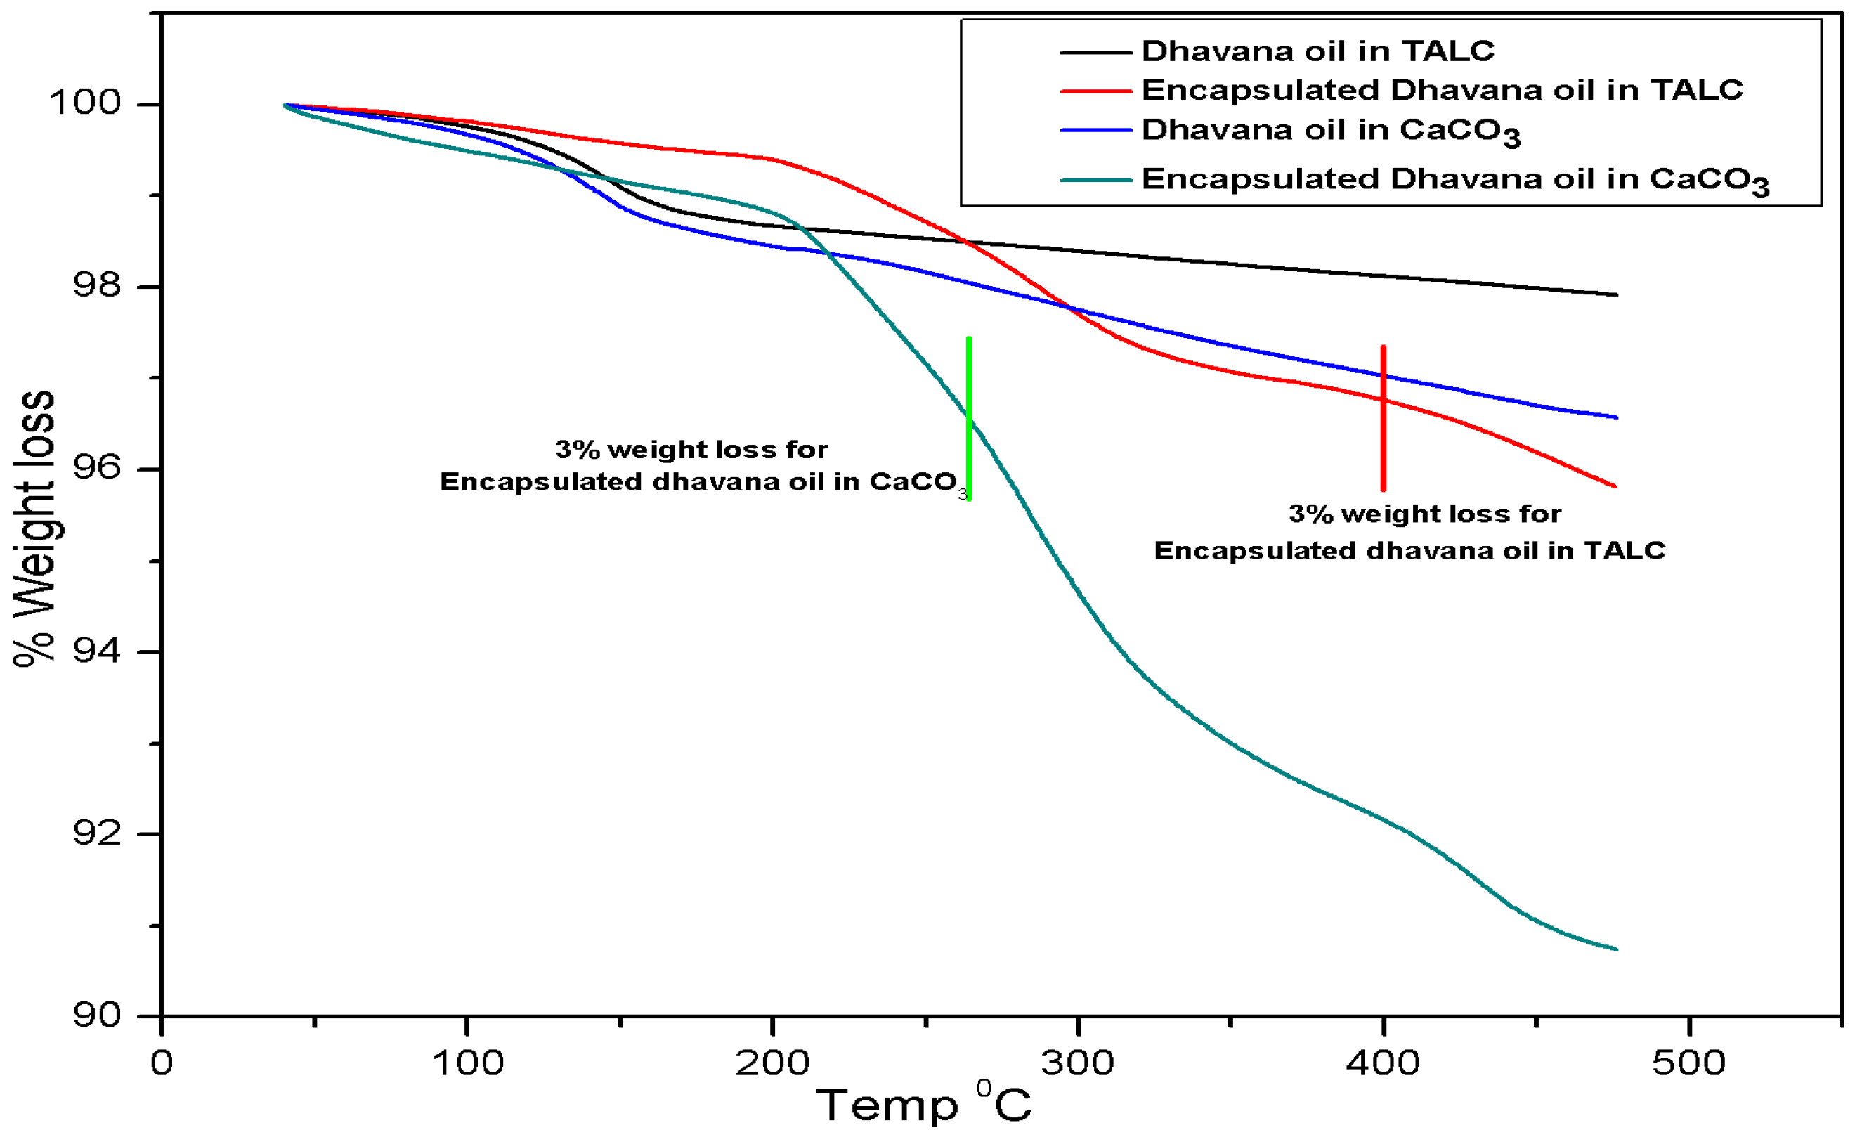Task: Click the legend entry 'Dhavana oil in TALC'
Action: pyautogui.click(x=1317, y=51)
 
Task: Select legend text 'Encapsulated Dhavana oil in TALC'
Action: pyautogui.click(x=1442, y=90)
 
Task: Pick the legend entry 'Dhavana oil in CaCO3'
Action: pyautogui.click(x=1330, y=131)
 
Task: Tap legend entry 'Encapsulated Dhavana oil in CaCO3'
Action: pyautogui.click(x=1454, y=180)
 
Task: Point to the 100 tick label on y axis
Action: pyautogui.click(x=86, y=103)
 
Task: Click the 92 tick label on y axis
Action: pyautogui.click(x=97, y=833)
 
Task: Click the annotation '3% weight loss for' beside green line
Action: pyautogui.click(x=691, y=450)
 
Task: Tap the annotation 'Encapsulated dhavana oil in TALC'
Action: pyautogui.click(x=1409, y=550)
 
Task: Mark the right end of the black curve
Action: pyautogui.click(x=1615, y=295)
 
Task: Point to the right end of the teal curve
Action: pyautogui.click(x=1615, y=949)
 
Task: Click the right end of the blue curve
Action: pyautogui.click(x=1615, y=417)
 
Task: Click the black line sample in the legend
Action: pyautogui.click(x=1095, y=52)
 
